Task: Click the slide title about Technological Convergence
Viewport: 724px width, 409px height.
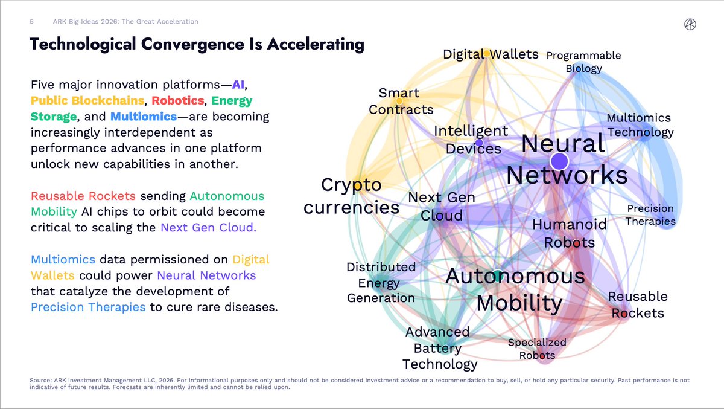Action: point(197,44)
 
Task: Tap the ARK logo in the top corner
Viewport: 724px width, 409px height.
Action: point(691,24)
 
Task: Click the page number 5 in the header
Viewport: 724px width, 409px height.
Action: point(32,22)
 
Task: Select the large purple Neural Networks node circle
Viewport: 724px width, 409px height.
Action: point(559,161)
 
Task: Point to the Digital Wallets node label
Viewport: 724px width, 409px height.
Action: point(491,54)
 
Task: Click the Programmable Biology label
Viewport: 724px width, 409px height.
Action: point(583,62)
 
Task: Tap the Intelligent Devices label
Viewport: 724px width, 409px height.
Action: point(471,140)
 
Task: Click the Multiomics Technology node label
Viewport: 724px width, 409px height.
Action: point(639,125)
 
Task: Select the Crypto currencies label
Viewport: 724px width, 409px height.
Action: point(351,196)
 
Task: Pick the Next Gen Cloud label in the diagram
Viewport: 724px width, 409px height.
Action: point(442,206)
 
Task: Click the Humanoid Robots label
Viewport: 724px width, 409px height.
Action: point(569,233)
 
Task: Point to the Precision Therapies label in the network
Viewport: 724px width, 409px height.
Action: point(650,214)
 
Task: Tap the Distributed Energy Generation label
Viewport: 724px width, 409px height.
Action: point(381,282)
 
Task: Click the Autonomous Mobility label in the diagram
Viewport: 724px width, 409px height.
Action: point(515,289)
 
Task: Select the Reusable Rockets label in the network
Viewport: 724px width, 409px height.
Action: point(637,304)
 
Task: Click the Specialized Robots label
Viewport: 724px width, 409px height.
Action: point(537,348)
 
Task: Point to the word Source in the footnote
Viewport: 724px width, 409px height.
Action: point(40,380)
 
